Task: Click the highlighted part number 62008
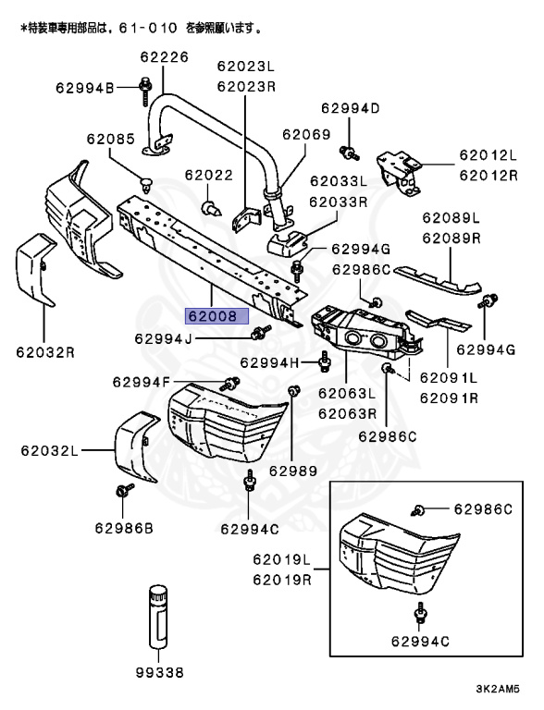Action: click(216, 315)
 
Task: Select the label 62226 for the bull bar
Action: click(164, 57)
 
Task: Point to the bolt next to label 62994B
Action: click(145, 89)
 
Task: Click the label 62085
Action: click(111, 141)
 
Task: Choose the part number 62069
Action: click(306, 135)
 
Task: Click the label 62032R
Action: click(44, 351)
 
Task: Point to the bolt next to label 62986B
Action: click(123, 493)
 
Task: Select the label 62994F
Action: click(141, 381)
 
